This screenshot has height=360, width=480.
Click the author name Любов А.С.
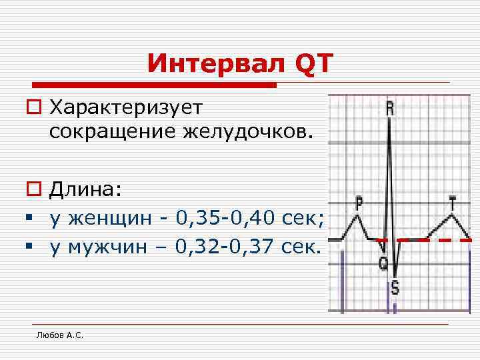coord(59,335)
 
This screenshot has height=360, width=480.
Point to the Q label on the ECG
coord(384,265)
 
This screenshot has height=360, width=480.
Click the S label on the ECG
coord(395,288)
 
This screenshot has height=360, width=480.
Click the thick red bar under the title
coord(154,85)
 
